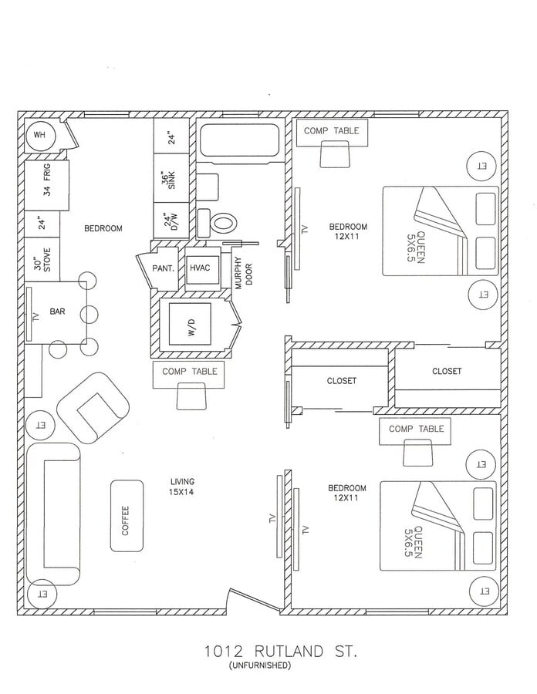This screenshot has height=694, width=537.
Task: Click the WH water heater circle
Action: click(x=39, y=136)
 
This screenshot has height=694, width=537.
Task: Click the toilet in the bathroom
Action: click(x=221, y=224)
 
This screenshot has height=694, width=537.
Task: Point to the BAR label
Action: click(x=57, y=312)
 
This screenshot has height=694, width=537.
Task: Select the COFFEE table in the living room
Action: click(x=127, y=516)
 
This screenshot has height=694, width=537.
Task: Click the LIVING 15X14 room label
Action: click(x=182, y=487)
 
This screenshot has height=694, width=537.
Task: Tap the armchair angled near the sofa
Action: click(x=93, y=406)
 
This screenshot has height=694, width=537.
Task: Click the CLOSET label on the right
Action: click(x=446, y=371)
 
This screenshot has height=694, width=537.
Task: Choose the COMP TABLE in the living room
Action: click(x=190, y=372)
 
